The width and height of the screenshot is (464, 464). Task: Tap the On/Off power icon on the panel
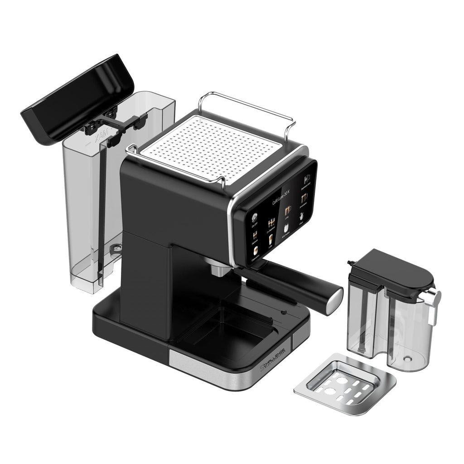[x=255, y=217]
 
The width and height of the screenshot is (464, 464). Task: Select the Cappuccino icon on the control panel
[x=255, y=251]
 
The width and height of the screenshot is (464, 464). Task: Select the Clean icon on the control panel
[x=302, y=216]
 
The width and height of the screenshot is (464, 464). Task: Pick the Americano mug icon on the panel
[x=304, y=198]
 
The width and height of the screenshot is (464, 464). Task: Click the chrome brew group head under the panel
[x=221, y=268]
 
